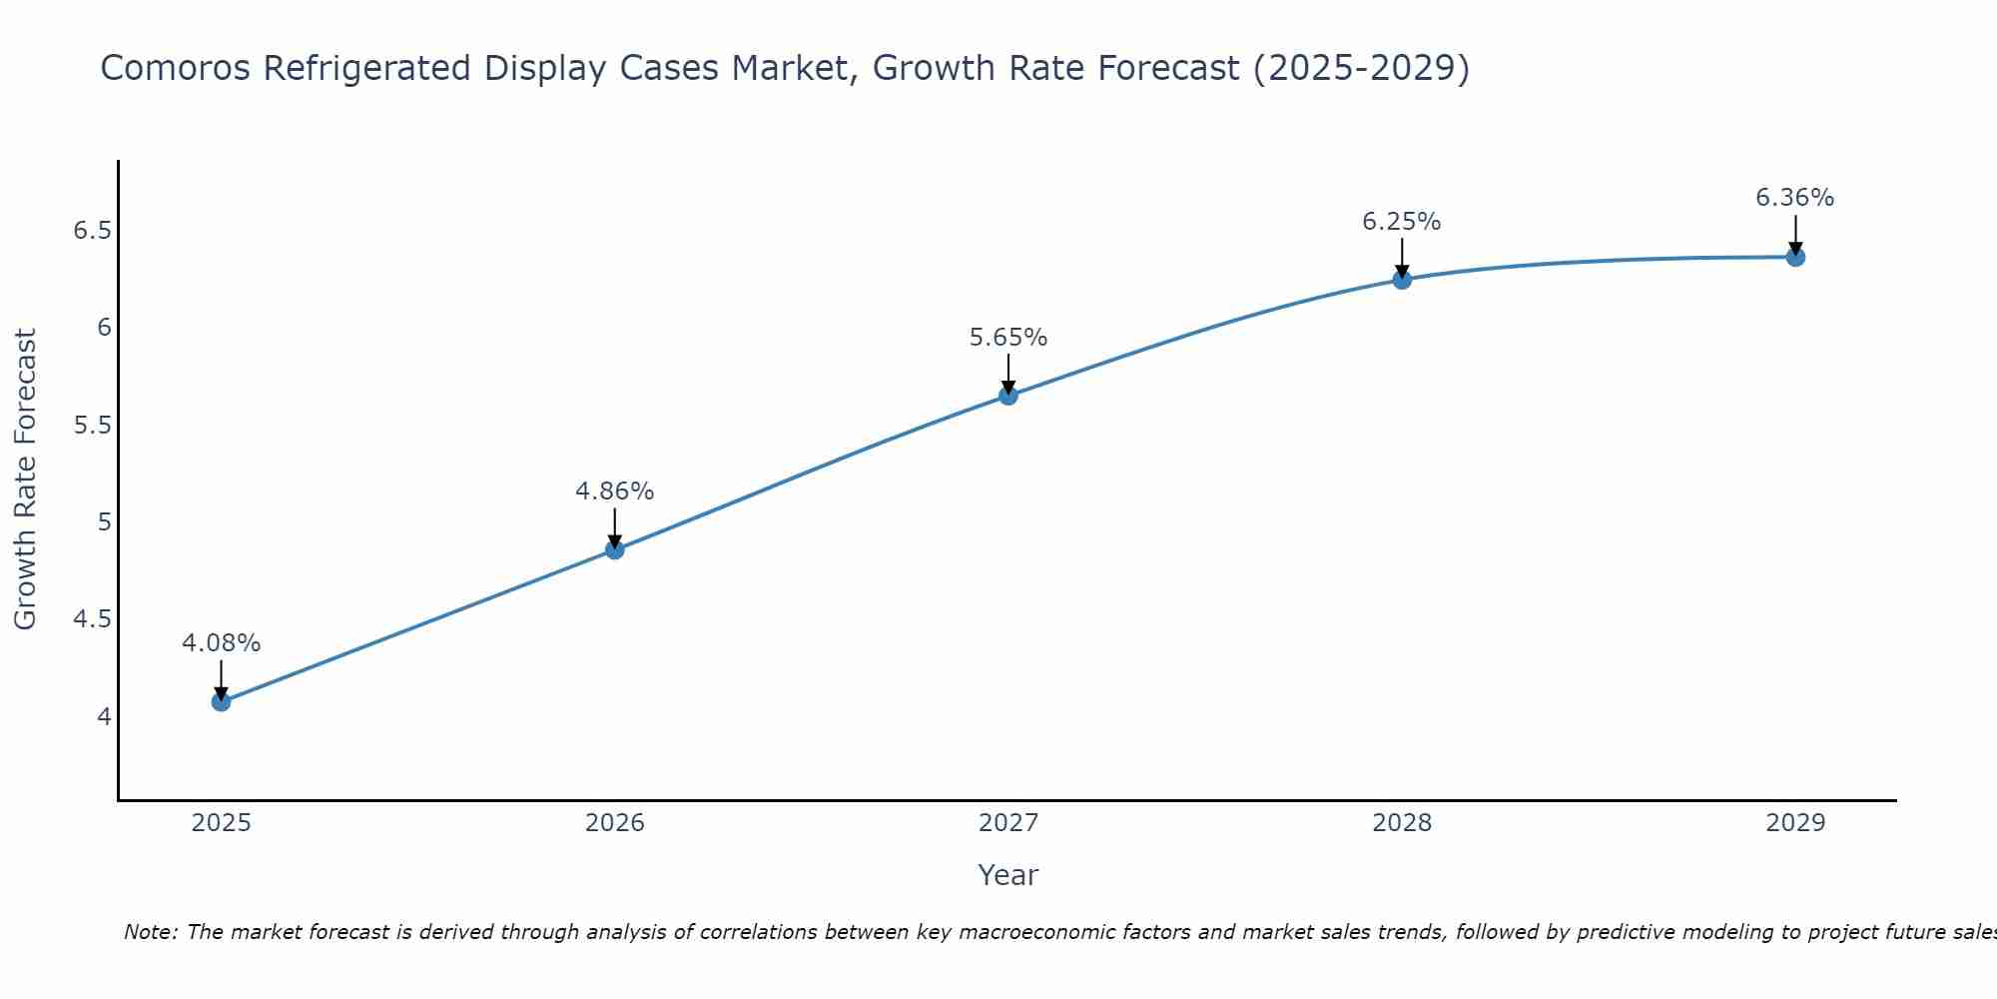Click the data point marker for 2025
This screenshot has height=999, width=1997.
[221, 701]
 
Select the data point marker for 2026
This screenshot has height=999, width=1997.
[614, 549]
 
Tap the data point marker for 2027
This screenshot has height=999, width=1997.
[1007, 396]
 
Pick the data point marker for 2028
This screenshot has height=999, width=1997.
[1401, 280]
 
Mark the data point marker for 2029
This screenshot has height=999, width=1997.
[1794, 257]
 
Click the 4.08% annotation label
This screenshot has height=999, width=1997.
[221, 643]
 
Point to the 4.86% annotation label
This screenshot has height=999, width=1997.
[614, 492]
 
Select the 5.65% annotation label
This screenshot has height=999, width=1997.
[1007, 338]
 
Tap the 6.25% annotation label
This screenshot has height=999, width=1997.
[1401, 222]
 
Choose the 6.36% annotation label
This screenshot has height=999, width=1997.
[1794, 198]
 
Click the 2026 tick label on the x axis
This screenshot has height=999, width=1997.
[614, 823]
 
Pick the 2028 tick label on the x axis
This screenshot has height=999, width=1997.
[1401, 823]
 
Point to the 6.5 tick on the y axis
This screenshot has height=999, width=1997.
[92, 231]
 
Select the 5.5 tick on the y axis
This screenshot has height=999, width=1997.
[92, 426]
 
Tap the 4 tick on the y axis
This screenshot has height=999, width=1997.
[104, 716]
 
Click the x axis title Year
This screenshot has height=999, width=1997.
[1007, 875]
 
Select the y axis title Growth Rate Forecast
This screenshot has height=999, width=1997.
[25, 480]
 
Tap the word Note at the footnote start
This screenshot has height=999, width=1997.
[150, 932]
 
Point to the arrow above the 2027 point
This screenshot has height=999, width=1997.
[1007, 372]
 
